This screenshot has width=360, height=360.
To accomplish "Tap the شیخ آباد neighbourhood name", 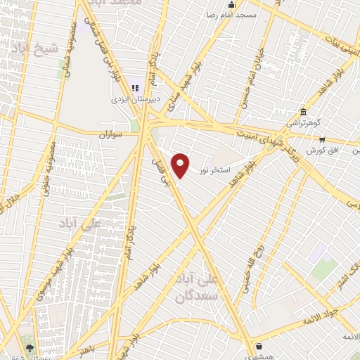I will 31,49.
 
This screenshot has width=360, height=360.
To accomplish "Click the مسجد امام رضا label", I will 236,14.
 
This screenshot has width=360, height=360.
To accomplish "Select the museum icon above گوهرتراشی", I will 303,112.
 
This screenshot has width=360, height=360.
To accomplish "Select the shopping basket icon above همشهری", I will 259,346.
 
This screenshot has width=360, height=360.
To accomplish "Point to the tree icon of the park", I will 30,347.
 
